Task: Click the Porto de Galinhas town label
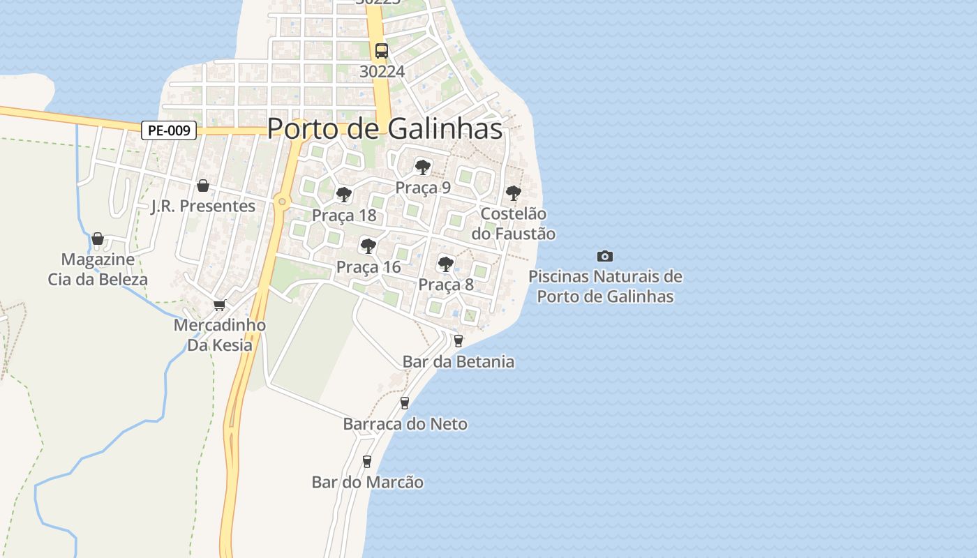click(x=385, y=128)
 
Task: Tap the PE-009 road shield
click(x=169, y=130)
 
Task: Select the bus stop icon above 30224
click(x=381, y=50)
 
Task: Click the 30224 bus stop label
click(x=382, y=71)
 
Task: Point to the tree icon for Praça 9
click(x=422, y=167)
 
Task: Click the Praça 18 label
click(x=344, y=215)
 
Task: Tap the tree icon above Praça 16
click(x=368, y=246)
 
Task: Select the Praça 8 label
click(x=446, y=285)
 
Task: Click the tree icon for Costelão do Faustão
click(x=513, y=193)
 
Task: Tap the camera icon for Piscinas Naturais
click(x=605, y=256)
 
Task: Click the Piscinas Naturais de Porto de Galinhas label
click(x=605, y=286)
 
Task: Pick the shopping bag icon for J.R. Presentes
click(x=203, y=186)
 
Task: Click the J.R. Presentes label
click(x=203, y=206)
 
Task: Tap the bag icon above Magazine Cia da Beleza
click(x=98, y=239)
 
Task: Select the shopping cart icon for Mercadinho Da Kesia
click(x=219, y=305)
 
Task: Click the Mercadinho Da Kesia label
click(x=219, y=335)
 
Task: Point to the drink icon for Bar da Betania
click(x=458, y=340)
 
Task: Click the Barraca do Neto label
click(x=405, y=424)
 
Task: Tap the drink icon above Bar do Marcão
click(x=367, y=461)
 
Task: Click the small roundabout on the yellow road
click(x=282, y=202)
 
